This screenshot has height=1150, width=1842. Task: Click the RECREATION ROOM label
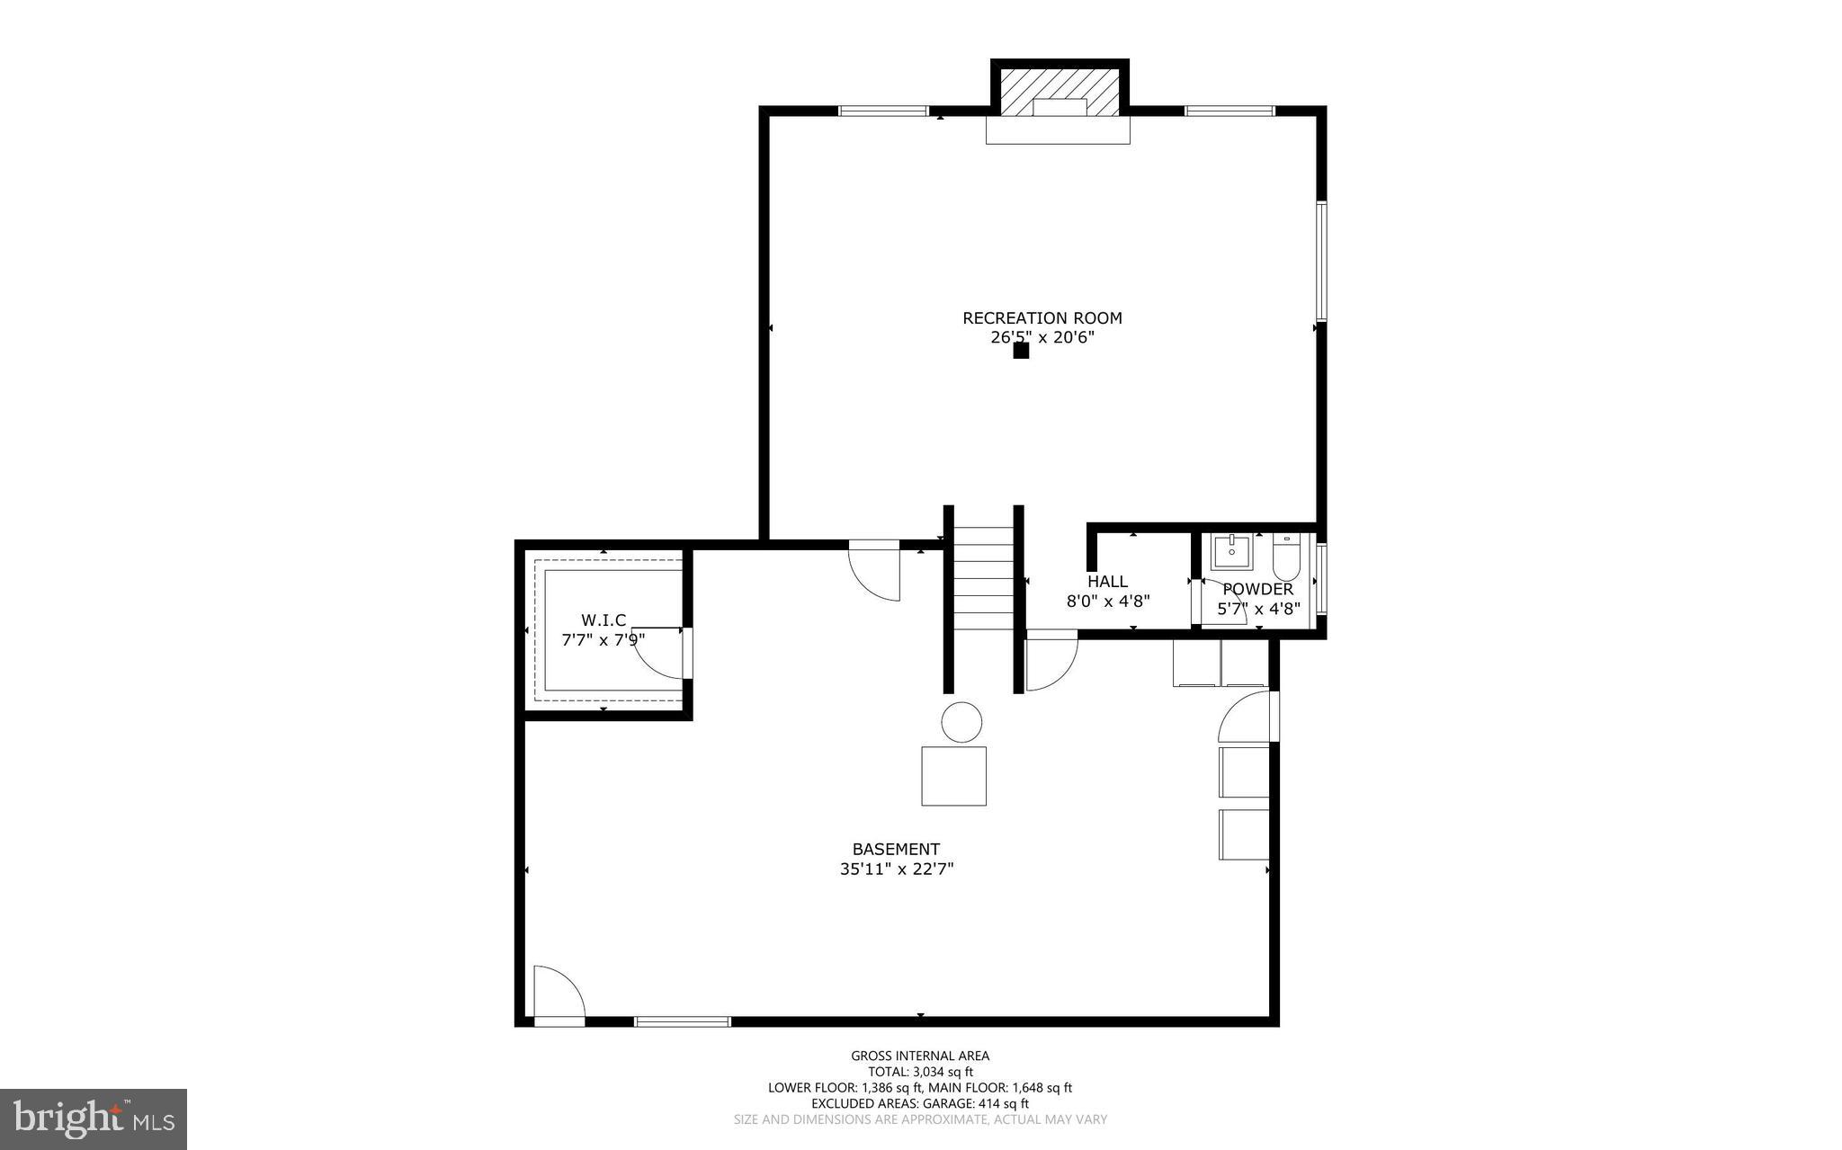[1042, 317]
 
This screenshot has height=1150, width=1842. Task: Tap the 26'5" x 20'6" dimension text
[1042, 338]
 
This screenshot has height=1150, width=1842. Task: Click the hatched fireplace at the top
[1060, 89]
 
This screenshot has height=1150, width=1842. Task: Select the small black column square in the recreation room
[1021, 351]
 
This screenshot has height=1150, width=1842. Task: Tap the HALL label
[1107, 582]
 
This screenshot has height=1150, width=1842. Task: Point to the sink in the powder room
[1230, 552]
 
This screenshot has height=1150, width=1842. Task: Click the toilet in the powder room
[1285, 557]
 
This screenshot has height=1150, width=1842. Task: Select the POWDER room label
[1257, 589]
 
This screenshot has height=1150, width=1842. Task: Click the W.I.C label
[603, 620]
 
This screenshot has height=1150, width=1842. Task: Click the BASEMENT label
[896, 849]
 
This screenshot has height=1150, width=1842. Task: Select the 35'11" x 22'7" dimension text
[896, 869]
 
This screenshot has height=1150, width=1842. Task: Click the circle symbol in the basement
[961, 722]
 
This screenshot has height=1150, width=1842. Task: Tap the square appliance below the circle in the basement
[953, 775]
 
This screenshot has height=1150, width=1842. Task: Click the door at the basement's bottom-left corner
[558, 994]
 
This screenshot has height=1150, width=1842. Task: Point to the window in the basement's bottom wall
[683, 1021]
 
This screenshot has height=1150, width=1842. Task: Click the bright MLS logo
[94, 1119]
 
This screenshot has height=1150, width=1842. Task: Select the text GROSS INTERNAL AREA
[920, 1056]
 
